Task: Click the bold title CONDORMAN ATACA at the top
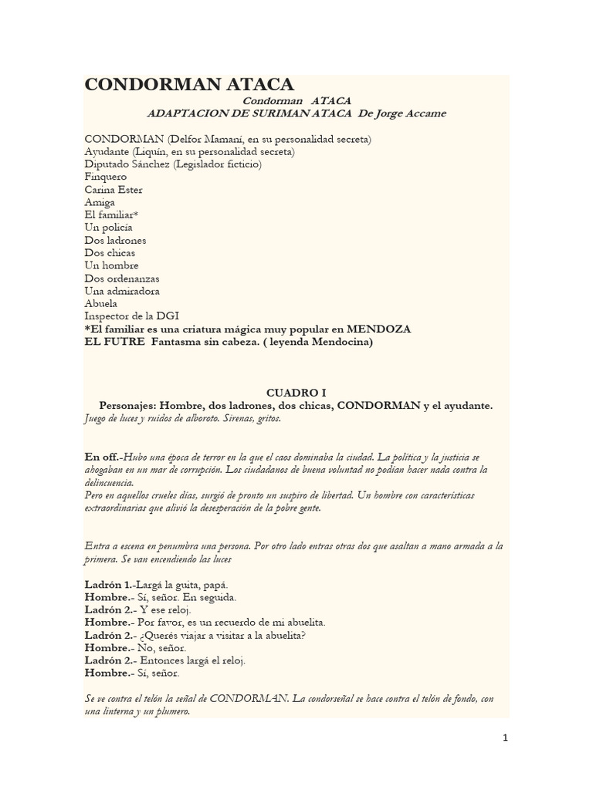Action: pos(189,85)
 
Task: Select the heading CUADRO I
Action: pos(296,393)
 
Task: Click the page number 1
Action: pos(505,738)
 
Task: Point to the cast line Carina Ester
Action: pos(114,190)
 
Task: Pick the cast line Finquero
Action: pos(106,177)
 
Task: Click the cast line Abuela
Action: pos(101,303)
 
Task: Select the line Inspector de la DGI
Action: pos(132,316)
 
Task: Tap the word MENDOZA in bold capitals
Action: pos(379,329)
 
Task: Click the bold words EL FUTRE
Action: pos(114,341)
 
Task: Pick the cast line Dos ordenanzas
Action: pos(122,278)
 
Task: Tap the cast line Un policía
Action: pos(109,228)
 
